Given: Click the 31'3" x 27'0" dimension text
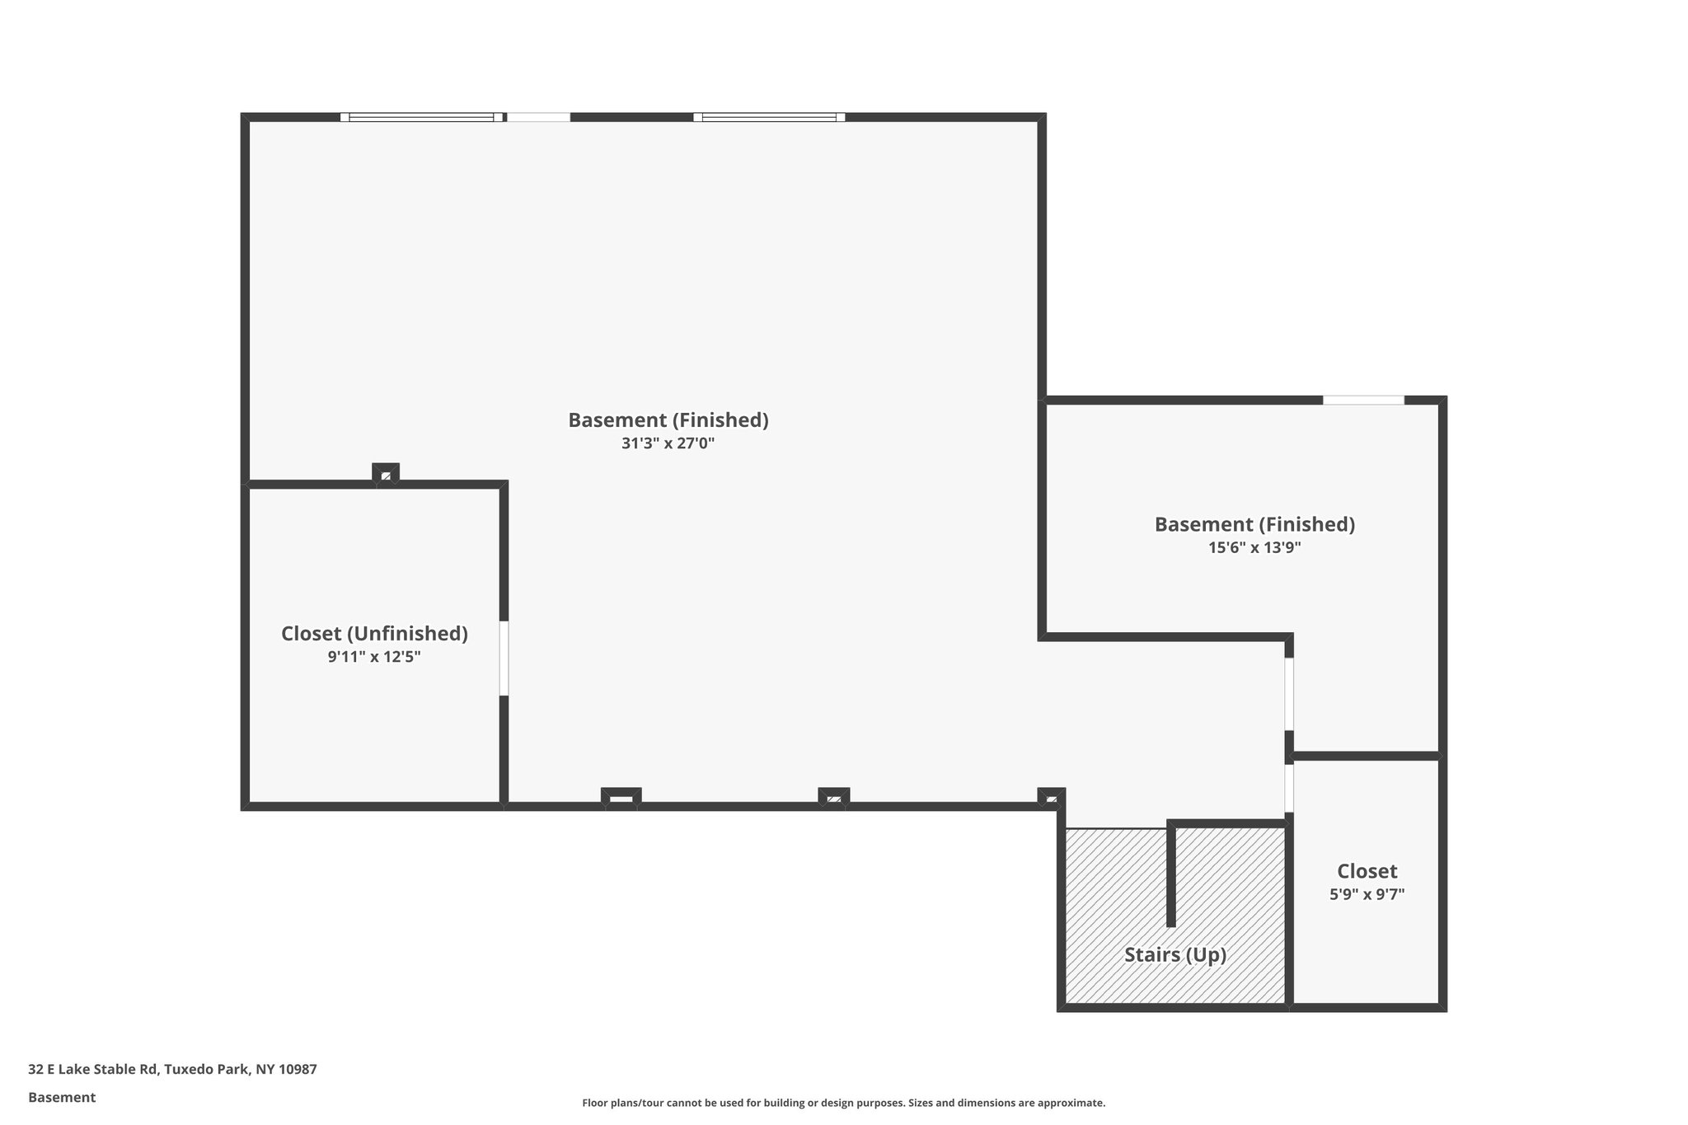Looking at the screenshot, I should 668,443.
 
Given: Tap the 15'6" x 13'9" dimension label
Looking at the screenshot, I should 1254,547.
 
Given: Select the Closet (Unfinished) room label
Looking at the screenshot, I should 374,633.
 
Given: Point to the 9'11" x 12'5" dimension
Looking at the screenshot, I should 374,657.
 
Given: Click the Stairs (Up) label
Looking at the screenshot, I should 1175,954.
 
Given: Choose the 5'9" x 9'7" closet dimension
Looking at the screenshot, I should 1367,894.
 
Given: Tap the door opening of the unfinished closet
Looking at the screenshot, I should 504,658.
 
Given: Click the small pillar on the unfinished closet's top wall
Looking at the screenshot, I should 386,475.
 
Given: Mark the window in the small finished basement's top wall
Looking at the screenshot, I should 1363,401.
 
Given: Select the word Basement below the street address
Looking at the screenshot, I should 62,1097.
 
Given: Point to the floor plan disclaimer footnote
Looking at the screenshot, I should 843,1103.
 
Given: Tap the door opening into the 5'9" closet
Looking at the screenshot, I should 1289,788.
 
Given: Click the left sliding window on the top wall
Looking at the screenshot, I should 421,117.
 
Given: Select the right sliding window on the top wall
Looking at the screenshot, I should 769,117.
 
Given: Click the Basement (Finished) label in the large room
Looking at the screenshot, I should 668,420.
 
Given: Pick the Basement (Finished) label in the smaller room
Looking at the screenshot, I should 1254,524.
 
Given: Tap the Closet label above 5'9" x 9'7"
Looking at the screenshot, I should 1367,871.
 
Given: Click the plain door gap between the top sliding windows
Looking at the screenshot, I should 537,117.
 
